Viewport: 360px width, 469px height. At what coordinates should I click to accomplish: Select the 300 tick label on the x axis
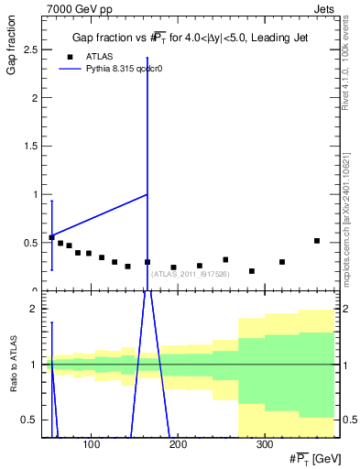[x=264, y=445]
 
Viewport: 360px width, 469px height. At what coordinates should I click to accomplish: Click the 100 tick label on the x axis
[x=91, y=445]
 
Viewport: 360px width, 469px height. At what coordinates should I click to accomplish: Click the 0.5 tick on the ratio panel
[x=34, y=420]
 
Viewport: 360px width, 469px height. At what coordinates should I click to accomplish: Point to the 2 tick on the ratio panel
[x=37, y=310]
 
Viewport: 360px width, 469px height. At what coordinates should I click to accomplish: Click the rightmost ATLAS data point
[x=316, y=241]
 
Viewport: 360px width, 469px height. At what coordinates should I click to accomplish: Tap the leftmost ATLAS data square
[x=51, y=237]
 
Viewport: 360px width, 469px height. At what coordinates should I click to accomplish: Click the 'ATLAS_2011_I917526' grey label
[x=190, y=273]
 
